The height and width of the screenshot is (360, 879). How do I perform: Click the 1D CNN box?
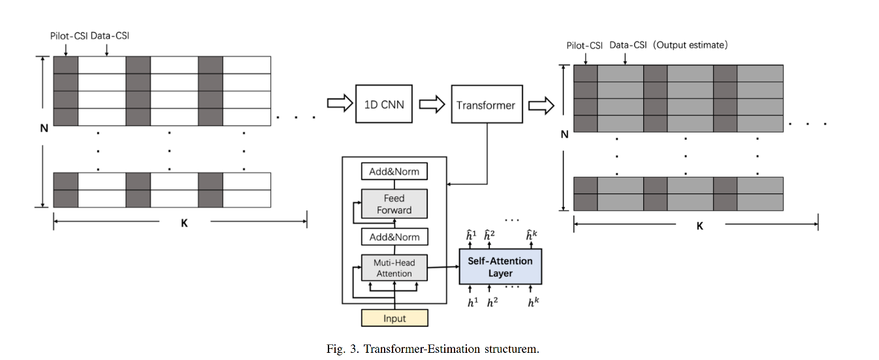click(384, 104)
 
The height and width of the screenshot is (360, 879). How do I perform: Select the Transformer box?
click(486, 105)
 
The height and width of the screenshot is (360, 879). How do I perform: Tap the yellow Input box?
click(394, 318)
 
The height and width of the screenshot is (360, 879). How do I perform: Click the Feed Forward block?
click(394, 204)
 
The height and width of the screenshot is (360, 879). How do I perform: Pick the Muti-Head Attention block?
click(394, 268)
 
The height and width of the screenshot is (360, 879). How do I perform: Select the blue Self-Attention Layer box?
click(500, 267)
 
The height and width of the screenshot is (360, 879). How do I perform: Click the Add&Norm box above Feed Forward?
click(394, 172)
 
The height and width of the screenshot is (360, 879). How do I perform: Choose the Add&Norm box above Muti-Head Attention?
click(394, 237)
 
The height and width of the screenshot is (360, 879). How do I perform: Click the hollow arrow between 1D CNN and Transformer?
click(432, 105)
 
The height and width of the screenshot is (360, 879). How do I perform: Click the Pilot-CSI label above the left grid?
click(69, 35)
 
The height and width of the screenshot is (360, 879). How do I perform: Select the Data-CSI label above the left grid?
click(110, 35)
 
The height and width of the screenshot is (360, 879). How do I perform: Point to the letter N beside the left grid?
click(44, 129)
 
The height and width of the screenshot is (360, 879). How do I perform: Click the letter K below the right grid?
click(699, 226)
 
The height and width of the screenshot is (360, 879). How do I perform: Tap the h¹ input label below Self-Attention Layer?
click(472, 303)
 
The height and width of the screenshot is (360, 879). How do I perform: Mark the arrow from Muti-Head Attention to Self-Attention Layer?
click(443, 267)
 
